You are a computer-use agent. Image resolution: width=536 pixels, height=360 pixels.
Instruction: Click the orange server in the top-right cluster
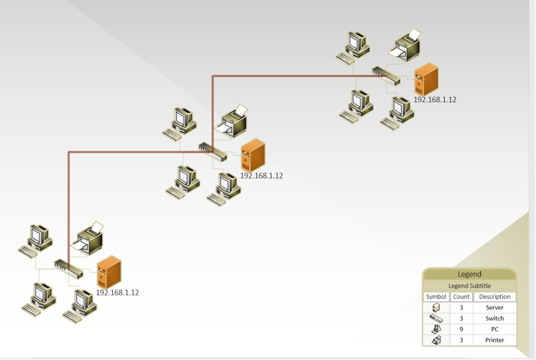point(426,79)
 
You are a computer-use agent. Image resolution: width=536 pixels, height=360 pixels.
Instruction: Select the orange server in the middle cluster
point(253,155)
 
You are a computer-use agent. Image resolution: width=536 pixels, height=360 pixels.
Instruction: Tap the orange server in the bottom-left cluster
point(109,272)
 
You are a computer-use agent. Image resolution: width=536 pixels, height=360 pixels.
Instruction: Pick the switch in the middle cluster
point(212,150)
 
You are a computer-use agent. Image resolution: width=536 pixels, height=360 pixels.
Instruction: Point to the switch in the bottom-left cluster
point(68,267)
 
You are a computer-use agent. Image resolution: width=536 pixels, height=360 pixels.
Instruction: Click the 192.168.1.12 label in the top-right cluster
point(435,100)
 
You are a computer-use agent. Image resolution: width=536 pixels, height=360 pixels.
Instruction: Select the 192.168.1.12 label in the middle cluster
point(261,176)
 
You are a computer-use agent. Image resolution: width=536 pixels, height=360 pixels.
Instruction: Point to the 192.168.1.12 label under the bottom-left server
point(117,292)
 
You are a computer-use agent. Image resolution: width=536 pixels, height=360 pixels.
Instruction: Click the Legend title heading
point(469,274)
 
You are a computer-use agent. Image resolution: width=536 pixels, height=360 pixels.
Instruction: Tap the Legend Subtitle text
point(469,286)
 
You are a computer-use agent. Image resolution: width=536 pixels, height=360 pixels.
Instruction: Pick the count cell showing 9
point(461,329)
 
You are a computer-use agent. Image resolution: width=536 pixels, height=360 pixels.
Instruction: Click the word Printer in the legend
point(494,340)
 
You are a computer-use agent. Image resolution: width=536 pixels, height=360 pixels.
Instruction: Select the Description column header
point(494,297)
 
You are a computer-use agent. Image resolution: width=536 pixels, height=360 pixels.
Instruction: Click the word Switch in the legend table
point(494,318)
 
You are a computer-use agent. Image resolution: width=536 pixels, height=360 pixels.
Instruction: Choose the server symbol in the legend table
point(436,307)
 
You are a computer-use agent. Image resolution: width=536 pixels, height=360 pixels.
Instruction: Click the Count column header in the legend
point(461,297)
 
